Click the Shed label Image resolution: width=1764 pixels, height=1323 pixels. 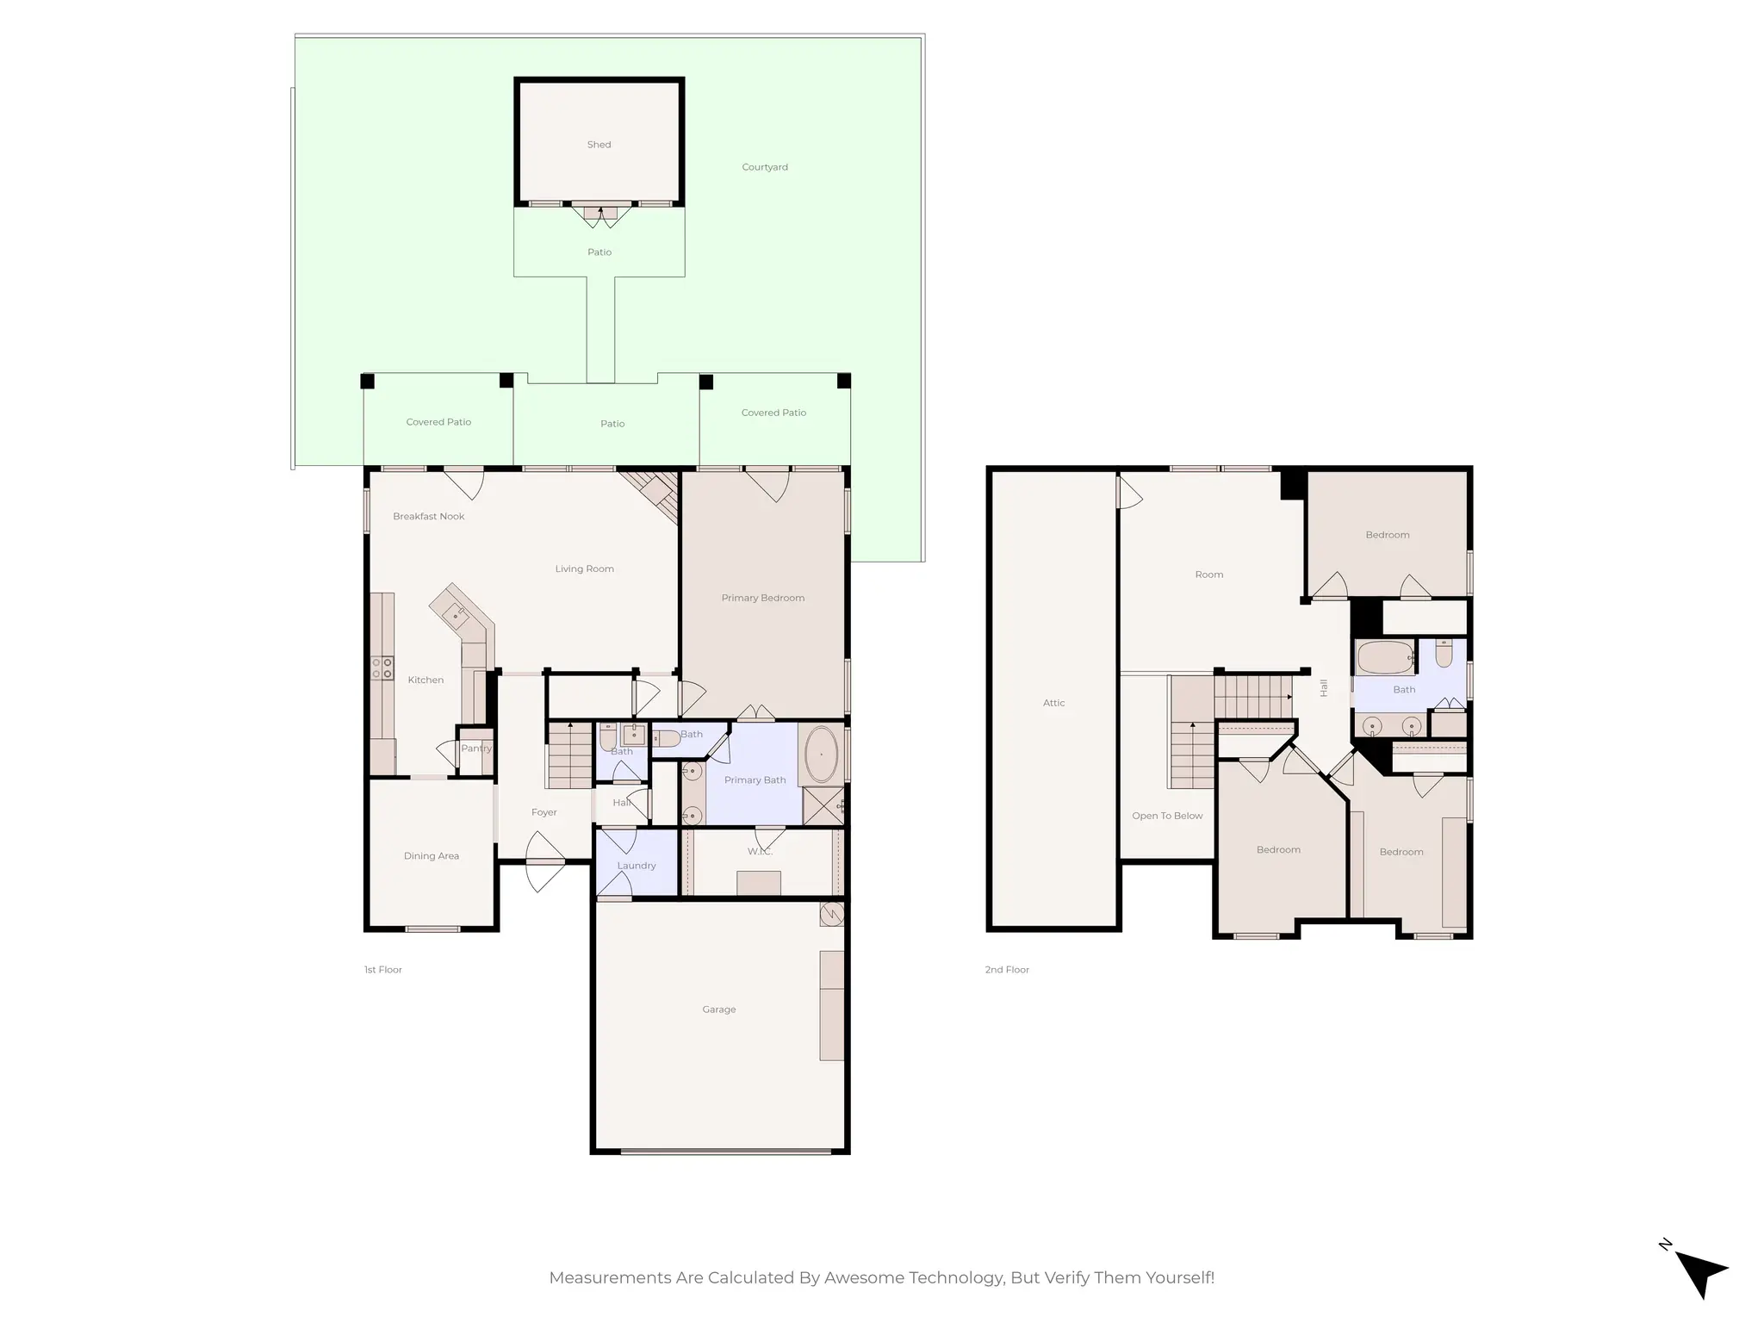599,145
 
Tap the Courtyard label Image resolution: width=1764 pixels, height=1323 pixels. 764,167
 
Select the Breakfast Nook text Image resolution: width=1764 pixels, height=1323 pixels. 428,516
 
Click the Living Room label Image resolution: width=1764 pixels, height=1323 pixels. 584,568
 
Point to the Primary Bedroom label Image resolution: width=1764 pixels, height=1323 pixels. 762,598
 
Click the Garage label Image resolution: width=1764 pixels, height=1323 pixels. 718,1009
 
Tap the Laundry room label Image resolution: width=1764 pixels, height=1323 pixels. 636,866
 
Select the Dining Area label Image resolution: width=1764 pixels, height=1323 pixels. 431,856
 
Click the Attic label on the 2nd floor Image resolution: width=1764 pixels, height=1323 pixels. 1053,703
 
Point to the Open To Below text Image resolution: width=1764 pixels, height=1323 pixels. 1167,816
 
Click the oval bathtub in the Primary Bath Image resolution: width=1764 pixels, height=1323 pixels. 822,755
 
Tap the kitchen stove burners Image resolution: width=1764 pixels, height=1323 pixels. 382,668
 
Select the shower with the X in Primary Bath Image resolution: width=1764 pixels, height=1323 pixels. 823,806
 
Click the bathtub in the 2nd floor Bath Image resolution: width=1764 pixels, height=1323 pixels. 1384,658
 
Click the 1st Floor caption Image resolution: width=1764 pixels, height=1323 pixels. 382,970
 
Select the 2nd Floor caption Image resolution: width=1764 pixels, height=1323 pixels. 1007,970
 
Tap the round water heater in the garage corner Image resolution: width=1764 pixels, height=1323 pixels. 831,914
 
